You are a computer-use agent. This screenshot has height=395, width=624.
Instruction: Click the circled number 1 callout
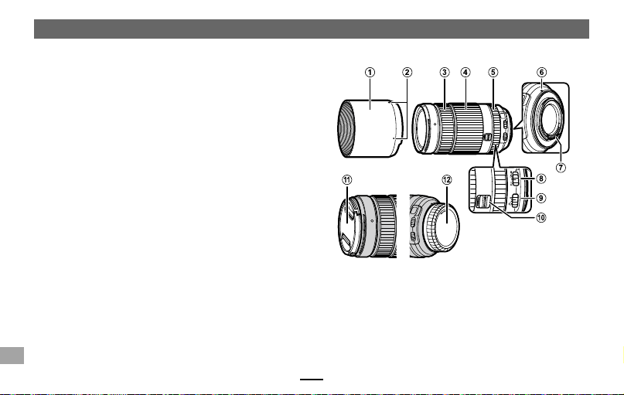[370, 73]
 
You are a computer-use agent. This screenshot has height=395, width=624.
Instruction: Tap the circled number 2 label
[407, 73]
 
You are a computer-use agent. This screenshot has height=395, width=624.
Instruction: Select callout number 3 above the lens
[444, 73]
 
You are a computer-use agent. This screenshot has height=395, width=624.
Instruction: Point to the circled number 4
[465, 73]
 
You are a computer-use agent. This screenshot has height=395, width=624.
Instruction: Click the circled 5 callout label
[493, 73]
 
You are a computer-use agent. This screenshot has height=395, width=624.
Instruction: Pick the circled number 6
[541, 73]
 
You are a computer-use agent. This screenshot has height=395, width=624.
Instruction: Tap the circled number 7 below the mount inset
[561, 168]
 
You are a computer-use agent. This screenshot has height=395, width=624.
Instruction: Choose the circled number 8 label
[540, 179]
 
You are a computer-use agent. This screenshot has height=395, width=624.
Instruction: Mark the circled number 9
[540, 198]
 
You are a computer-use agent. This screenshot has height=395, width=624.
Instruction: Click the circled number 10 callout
[540, 217]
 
